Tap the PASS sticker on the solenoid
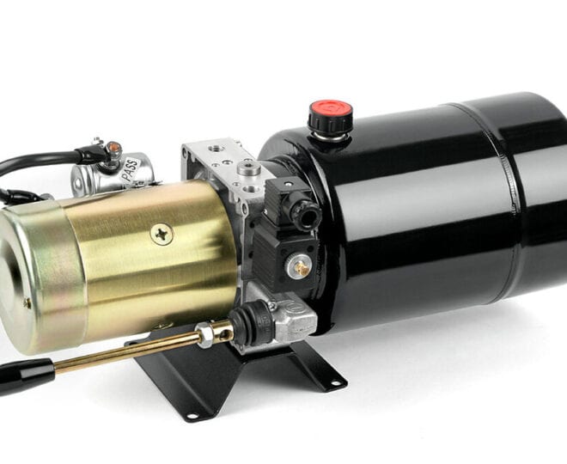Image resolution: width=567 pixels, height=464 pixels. (130, 169)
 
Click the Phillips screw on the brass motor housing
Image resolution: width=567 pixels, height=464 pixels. (162, 235)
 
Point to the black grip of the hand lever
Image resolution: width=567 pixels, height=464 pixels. (25, 375)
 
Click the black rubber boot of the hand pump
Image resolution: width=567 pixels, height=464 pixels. (250, 322)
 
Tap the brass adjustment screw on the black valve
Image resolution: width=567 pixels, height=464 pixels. (302, 267)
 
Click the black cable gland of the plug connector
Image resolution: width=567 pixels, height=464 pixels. (308, 216)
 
